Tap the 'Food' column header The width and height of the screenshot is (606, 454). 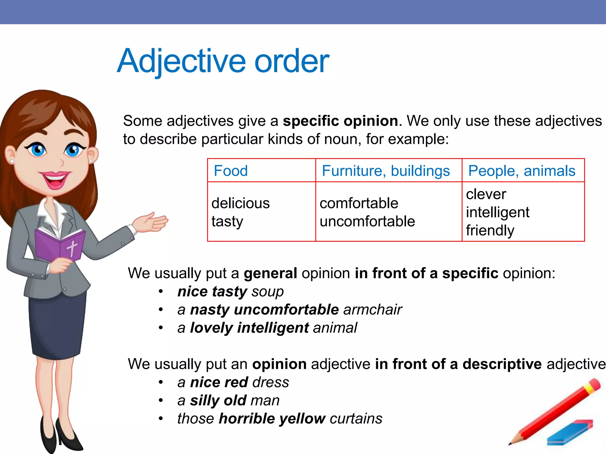pyautogui.click(x=231, y=171)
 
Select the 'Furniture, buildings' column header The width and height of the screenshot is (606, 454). pyautogui.click(x=386, y=171)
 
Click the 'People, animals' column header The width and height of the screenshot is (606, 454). pyautogui.click(x=522, y=171)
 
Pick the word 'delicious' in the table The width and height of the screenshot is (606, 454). pyautogui.click(x=241, y=203)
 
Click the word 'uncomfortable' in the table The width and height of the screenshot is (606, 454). pyautogui.click(x=367, y=221)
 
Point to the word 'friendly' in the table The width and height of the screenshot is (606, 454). pyautogui.click(x=490, y=231)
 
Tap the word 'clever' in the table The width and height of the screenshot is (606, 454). pyautogui.click(x=486, y=194)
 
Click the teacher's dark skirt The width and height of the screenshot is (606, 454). pyautogui.click(x=58, y=325)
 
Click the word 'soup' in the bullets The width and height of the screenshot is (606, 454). pyautogui.click(x=267, y=292)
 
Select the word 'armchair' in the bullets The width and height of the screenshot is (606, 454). pyautogui.click(x=372, y=310)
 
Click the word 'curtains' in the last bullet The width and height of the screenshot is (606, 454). pyautogui.click(x=356, y=419)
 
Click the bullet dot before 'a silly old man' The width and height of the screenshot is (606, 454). pyautogui.click(x=161, y=401)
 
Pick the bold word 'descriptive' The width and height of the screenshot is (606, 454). pyautogui.click(x=502, y=364)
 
